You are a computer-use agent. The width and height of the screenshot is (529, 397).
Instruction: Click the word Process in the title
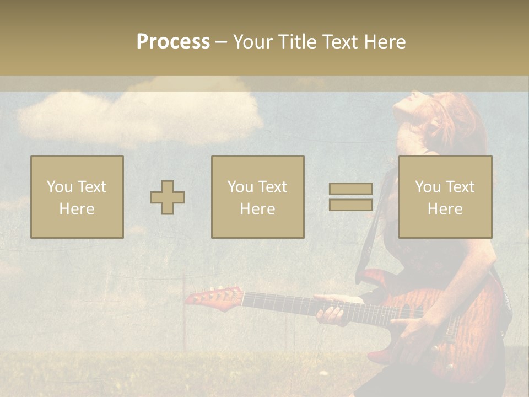tap(173, 42)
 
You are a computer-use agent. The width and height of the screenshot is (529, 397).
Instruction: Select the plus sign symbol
tap(168, 197)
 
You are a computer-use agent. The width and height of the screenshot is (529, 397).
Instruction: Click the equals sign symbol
tap(350, 197)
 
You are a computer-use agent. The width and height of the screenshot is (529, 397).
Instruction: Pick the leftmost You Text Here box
tap(77, 197)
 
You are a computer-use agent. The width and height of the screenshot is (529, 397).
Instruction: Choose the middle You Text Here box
tap(258, 197)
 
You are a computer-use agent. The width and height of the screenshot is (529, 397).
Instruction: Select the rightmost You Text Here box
tap(445, 197)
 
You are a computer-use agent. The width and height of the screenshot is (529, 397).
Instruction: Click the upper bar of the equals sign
tap(350, 189)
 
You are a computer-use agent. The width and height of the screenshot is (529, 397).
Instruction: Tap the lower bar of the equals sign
tap(350, 205)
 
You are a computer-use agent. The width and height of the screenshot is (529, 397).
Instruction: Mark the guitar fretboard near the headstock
tap(264, 301)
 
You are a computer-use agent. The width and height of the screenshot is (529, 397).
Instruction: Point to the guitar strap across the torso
tap(375, 232)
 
